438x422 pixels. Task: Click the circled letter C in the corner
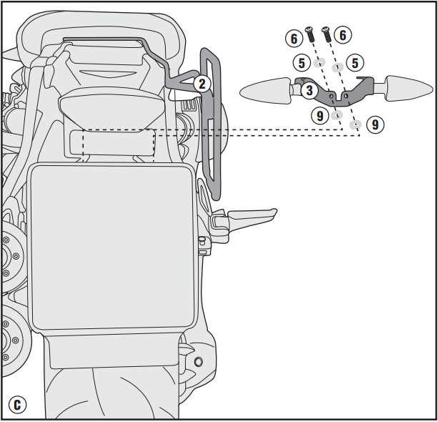pos(17,405)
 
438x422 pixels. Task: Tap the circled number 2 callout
pos(202,84)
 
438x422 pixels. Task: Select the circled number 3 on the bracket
pos(309,90)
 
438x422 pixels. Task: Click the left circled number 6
pos(294,39)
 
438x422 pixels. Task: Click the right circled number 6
pos(343,35)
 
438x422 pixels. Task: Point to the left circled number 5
pos(302,63)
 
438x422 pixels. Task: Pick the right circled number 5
pos(355,62)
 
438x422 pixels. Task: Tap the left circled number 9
pos(320,115)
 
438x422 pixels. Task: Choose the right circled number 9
pos(375,124)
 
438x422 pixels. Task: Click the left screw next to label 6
pos(309,34)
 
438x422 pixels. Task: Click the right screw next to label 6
pos(327,34)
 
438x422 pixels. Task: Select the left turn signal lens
pos(265,90)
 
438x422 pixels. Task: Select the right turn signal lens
pos(409,88)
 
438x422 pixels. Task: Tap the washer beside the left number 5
pos(319,63)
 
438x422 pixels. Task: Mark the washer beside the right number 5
pos(337,67)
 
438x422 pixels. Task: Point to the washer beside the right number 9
pos(355,124)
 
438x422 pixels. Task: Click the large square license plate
pos(113,247)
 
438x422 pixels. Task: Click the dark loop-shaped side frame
pos(211,123)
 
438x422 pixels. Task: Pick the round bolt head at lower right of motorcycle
pos(199,362)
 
